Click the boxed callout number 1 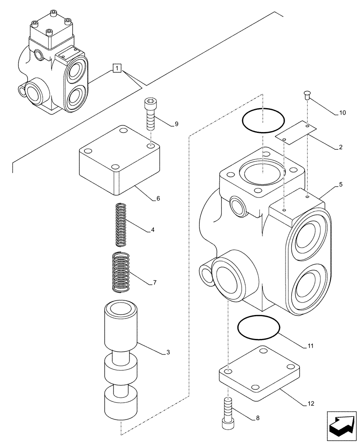[x=117, y=68]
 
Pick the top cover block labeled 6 [x=118, y=162]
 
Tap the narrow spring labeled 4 [x=121, y=224]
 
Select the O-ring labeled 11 [x=259, y=328]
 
